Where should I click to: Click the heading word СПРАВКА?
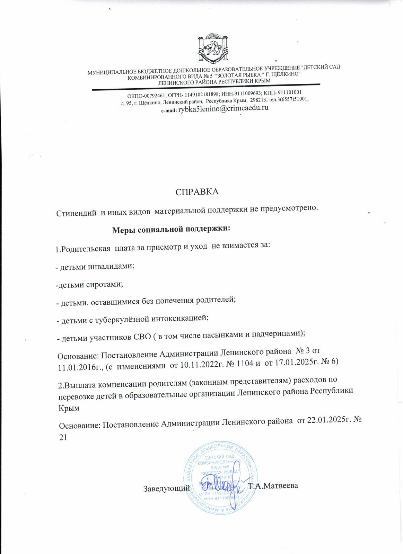tap(197, 192)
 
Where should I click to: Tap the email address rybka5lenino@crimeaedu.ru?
tap(223, 108)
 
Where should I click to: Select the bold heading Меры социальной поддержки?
tap(172, 229)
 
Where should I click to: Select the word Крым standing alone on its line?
tap(69, 408)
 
